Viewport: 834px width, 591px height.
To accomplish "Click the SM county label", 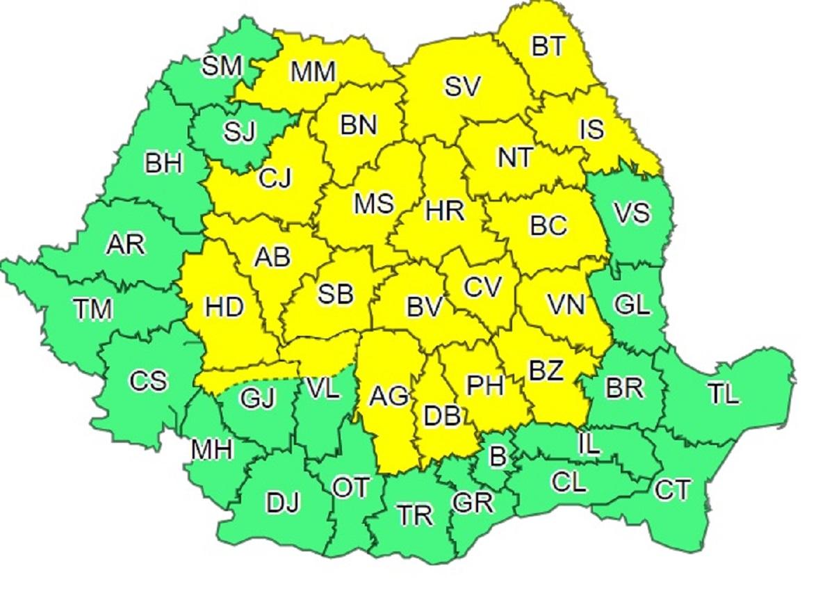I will click(x=222, y=66).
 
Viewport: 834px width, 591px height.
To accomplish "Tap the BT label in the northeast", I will click(x=549, y=47).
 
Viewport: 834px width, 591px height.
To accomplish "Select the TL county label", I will click(x=724, y=394).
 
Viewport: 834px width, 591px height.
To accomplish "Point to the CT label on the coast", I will click(x=672, y=491).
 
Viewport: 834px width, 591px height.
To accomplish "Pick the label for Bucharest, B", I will click(x=497, y=457).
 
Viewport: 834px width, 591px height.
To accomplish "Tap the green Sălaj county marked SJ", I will click(x=240, y=131).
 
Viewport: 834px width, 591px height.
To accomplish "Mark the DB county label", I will click(x=441, y=416).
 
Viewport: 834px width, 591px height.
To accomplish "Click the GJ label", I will click(x=257, y=398).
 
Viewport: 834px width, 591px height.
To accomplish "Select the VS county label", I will click(x=632, y=212).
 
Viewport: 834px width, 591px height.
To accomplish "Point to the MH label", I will click(x=211, y=451).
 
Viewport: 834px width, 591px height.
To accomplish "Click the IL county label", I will click(x=589, y=443).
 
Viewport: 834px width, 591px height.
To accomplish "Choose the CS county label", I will click(x=148, y=381).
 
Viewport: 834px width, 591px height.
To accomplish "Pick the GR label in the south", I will click(x=472, y=502).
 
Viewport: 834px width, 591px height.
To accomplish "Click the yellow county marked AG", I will click(x=389, y=396).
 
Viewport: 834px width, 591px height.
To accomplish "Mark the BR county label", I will click(x=624, y=388).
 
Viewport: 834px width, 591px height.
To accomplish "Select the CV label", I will click(x=482, y=287).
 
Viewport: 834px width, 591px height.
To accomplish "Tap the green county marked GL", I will click(x=632, y=305).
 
